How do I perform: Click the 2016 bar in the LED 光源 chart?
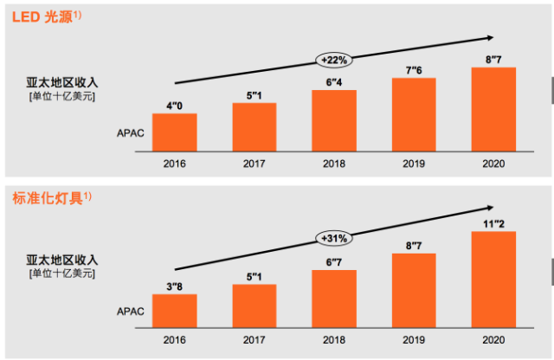tap(174, 131)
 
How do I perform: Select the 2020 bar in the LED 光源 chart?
tap(493, 107)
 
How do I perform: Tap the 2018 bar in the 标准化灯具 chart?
tap(334, 295)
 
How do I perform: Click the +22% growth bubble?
tap(334, 60)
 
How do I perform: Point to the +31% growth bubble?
tap(334, 238)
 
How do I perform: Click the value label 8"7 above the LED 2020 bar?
tap(493, 60)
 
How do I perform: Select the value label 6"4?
tap(334, 82)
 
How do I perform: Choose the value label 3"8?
tap(174, 286)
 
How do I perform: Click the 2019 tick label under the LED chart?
tap(414, 163)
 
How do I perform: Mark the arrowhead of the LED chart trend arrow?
tap(491, 37)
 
